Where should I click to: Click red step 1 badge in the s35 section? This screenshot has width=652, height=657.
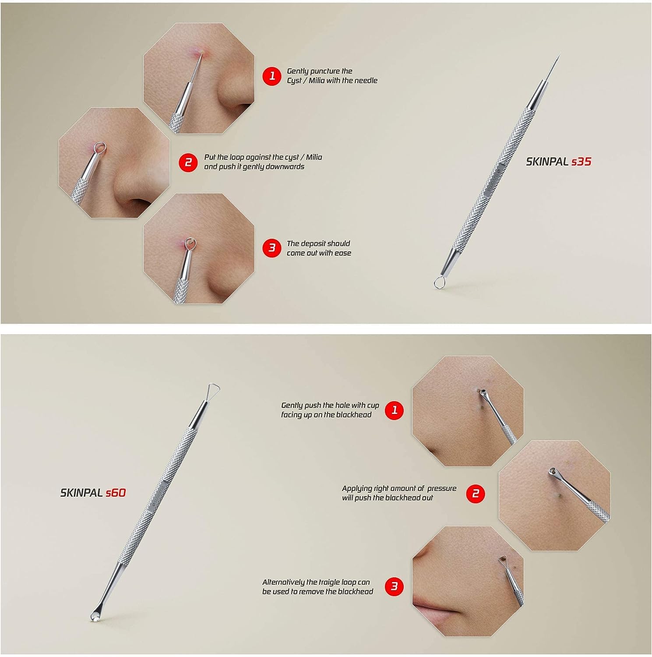click(x=271, y=76)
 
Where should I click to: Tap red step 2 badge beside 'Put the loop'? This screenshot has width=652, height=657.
click(x=188, y=162)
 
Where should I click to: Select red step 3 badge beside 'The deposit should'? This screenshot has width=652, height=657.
click(x=271, y=248)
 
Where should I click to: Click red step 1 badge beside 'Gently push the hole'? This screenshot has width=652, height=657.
click(x=394, y=410)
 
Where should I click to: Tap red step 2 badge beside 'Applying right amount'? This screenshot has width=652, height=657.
click(x=476, y=494)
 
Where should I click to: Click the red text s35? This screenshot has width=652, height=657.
click(x=581, y=162)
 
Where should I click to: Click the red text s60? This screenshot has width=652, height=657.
click(x=116, y=493)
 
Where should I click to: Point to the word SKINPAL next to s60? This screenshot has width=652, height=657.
click(x=81, y=493)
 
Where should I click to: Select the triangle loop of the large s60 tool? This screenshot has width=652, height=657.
click(x=213, y=389)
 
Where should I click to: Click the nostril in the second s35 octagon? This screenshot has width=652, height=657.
click(x=139, y=203)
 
